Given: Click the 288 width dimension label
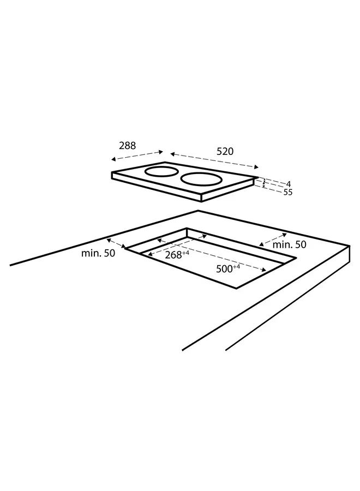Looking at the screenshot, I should pos(127,146).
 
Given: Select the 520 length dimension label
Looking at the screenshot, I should pos(225,152).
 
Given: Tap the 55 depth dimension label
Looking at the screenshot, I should pos(287,193).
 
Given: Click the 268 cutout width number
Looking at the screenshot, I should pos(173,255).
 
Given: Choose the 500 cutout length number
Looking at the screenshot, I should pos(225,269).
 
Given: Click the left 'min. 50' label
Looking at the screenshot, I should pos(98,253).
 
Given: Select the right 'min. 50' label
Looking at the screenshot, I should pos(289,244).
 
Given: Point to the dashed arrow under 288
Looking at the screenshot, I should pos(137,155).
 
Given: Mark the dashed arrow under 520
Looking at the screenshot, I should pos(214,161).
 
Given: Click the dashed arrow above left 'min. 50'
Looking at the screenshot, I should pos(117,243).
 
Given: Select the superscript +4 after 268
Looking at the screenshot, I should pos(185,253).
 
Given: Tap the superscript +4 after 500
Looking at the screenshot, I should pos(236,266).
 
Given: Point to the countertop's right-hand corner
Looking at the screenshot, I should pos(349,247).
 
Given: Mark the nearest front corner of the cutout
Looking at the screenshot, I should pos(236,288).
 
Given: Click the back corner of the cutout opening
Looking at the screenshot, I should pos(187,228).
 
